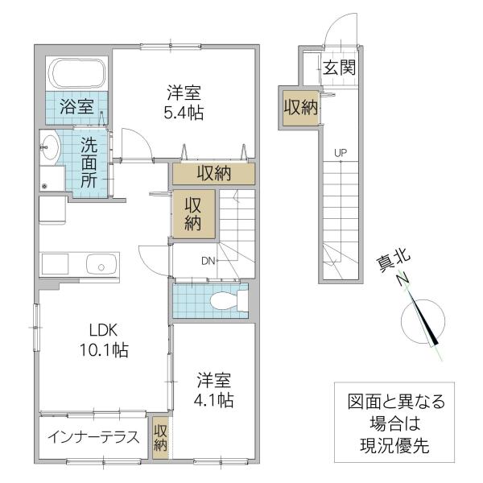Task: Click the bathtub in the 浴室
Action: click(x=79, y=74)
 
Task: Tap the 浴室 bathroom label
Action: click(x=76, y=106)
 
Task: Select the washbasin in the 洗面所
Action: click(x=49, y=147)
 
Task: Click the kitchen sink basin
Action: click(x=101, y=265)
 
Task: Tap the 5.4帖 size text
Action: click(x=184, y=114)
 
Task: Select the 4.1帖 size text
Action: click(x=213, y=400)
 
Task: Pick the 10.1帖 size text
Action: click(x=104, y=350)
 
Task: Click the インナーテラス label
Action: click(x=93, y=437)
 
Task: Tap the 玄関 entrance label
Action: click(x=340, y=68)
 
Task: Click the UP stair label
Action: click(x=341, y=152)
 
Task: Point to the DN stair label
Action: click(x=208, y=261)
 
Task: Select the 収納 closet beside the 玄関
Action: click(x=300, y=108)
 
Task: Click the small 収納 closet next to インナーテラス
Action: click(x=160, y=437)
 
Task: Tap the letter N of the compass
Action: click(x=403, y=279)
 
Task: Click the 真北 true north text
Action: click(x=394, y=261)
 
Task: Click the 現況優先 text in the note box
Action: click(x=394, y=445)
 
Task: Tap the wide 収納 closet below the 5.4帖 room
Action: click(x=214, y=174)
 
